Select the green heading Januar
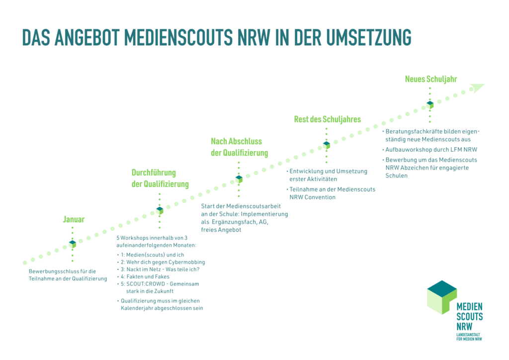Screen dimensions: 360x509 click(74, 219)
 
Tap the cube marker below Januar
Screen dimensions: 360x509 click(73, 244)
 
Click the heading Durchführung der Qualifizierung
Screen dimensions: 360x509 click(160, 179)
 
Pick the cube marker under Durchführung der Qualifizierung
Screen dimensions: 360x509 click(160, 210)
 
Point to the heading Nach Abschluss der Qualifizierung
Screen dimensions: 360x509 click(239, 147)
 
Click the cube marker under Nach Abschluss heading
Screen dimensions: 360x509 click(239, 178)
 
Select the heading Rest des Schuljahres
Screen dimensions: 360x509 click(327, 119)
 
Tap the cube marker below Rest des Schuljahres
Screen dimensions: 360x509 click(327, 145)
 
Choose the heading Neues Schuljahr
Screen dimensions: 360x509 click(431, 79)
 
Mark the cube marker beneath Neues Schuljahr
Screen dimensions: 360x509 click(430, 104)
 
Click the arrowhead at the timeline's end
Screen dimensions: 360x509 click(477, 88)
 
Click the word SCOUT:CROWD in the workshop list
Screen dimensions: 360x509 click(142, 283)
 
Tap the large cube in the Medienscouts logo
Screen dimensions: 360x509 click(441, 297)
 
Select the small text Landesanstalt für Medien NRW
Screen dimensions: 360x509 click(469, 337)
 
